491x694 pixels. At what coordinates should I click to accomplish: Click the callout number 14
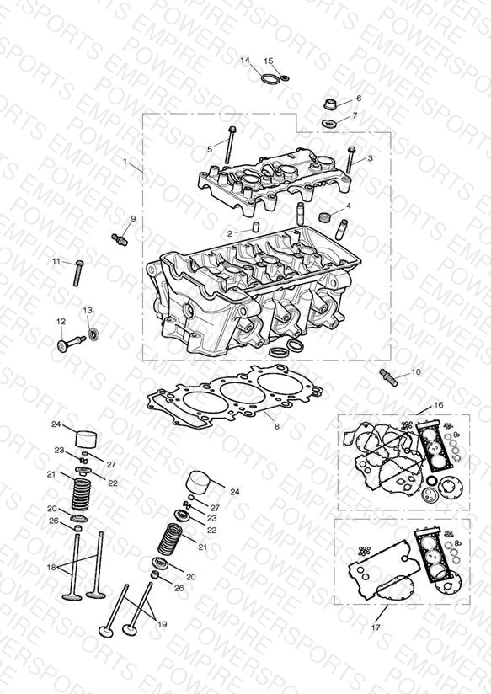(245, 60)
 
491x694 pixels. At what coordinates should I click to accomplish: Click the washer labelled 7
(328, 122)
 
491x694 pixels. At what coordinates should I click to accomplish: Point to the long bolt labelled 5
(230, 145)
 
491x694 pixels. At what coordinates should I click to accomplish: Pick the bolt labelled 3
(350, 160)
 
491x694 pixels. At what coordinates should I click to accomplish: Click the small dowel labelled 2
(255, 227)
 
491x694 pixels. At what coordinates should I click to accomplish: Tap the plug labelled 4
(325, 217)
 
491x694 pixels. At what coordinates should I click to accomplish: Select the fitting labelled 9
(119, 239)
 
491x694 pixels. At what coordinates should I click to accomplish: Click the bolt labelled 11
(78, 273)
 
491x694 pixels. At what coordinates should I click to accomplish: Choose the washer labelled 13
(93, 334)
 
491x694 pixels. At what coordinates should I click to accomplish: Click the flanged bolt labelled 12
(70, 344)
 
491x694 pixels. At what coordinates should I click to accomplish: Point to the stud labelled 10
(389, 377)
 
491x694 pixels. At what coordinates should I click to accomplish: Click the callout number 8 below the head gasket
(277, 427)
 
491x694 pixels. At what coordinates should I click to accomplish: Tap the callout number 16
(438, 404)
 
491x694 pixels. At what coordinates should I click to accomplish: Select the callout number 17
(376, 627)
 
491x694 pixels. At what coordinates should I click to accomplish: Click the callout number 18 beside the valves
(52, 567)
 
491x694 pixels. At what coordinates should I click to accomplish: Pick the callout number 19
(162, 624)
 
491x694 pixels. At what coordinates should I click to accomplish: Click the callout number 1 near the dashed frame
(125, 162)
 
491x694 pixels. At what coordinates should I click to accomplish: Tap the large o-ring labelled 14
(270, 79)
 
